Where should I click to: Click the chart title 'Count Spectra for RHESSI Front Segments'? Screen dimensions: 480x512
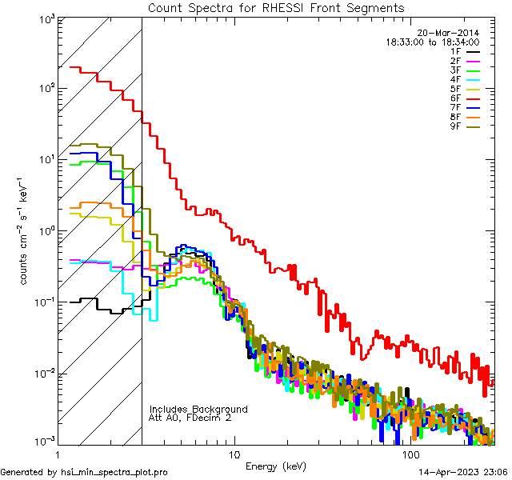click(276, 7)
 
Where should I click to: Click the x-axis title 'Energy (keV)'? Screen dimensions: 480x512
click(275, 466)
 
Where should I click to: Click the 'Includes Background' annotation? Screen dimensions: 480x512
click(198, 410)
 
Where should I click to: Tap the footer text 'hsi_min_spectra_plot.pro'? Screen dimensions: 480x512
click(114, 472)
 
